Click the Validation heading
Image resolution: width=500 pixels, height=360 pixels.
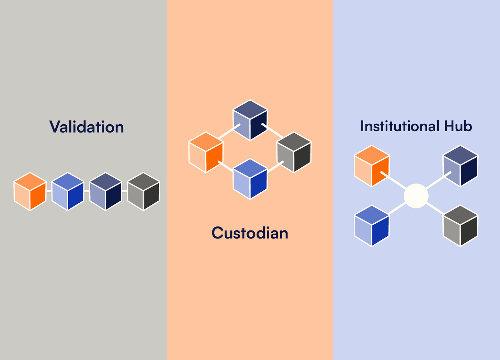[x=87, y=127]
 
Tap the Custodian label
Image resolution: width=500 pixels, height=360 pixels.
[x=250, y=233]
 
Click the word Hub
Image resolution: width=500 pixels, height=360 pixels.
[x=458, y=126]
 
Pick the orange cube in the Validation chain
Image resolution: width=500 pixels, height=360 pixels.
[x=30, y=191]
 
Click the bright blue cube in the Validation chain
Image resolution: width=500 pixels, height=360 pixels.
[x=68, y=191]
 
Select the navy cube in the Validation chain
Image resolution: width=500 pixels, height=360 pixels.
[x=106, y=191]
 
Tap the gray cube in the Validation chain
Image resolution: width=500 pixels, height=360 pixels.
[x=144, y=191]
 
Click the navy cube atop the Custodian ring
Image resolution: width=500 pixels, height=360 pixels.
[x=250, y=120]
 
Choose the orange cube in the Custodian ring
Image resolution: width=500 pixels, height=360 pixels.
[x=206, y=152]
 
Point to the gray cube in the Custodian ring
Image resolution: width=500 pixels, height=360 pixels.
[x=294, y=152]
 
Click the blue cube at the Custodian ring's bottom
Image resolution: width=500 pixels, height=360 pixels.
[x=250, y=179]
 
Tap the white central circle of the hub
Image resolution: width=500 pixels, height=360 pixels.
[x=416, y=196]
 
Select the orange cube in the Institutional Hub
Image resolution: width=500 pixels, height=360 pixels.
[x=372, y=166]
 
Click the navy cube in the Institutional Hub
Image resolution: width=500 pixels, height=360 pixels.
[x=461, y=166]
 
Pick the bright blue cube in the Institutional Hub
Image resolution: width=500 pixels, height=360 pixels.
[x=372, y=226]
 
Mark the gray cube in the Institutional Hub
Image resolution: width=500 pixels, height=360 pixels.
[x=461, y=226]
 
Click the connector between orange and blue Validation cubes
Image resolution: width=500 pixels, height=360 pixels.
[x=49, y=191]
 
